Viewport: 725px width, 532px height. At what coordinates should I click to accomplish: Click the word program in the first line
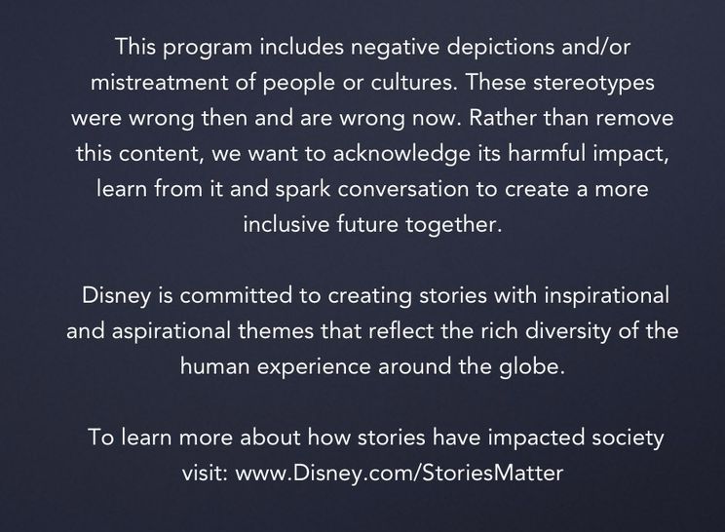click(x=208, y=49)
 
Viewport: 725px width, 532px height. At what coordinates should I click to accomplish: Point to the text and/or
click(x=596, y=46)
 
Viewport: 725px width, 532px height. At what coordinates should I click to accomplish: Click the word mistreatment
click(x=159, y=82)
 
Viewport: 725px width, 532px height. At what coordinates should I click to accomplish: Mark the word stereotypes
click(x=593, y=84)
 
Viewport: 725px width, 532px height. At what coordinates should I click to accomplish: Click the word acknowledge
click(x=401, y=154)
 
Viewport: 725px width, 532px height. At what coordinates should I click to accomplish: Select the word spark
click(x=303, y=190)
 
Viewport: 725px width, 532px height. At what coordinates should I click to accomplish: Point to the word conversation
click(x=403, y=189)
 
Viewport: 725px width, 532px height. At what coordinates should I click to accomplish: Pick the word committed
click(x=236, y=295)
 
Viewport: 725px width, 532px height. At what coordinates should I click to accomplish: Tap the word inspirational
click(x=607, y=296)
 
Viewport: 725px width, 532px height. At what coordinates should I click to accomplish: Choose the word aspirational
click(x=172, y=332)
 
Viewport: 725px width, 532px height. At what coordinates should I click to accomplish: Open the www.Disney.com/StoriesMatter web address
click(x=399, y=473)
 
